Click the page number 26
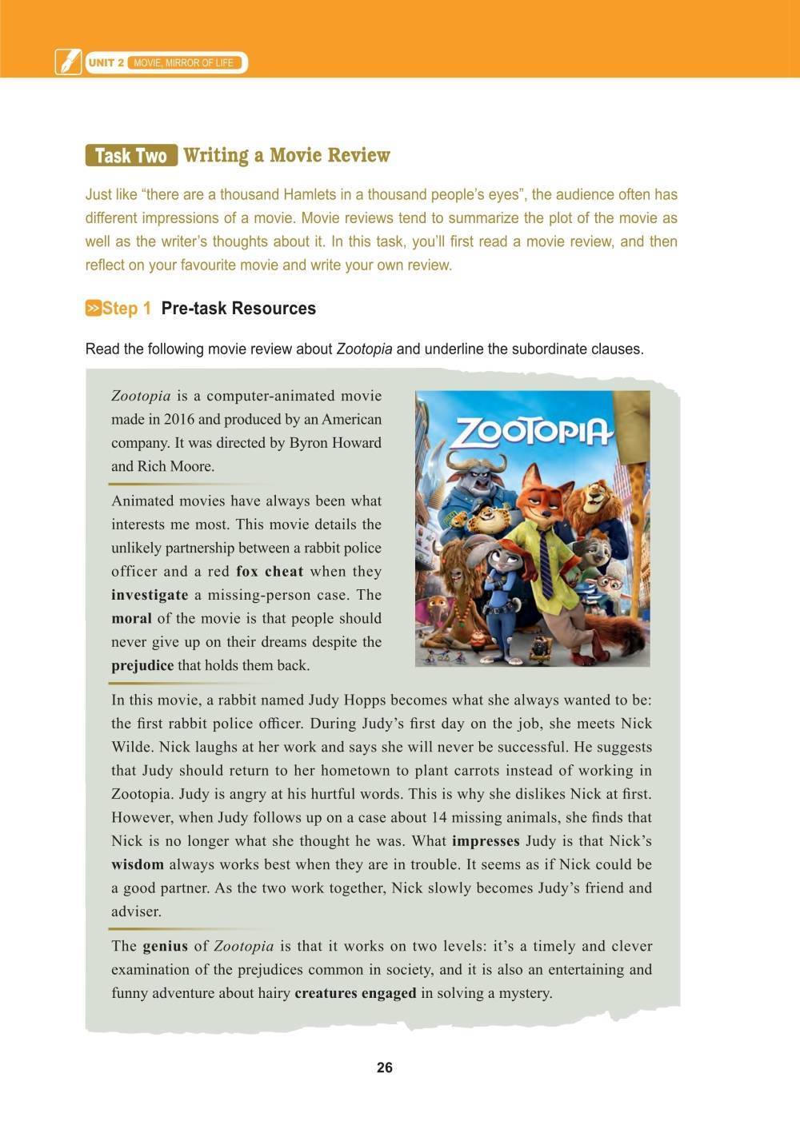pos(384,1067)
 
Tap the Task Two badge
pos(131,155)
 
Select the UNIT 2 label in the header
pos(106,62)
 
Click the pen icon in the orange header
pos(68,62)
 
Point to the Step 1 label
pos(126,309)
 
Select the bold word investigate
pos(150,595)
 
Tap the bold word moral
pos(131,618)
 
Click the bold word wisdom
pos(138,864)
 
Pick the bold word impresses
pos(486,841)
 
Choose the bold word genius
pos(165,946)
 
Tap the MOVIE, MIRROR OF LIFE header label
pos(184,62)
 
